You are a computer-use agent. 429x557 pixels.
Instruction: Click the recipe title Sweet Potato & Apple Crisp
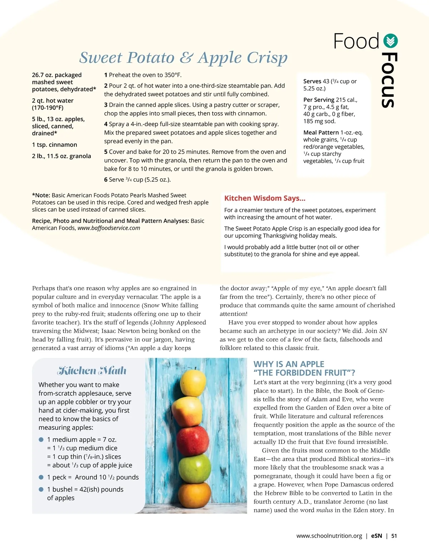[183, 58]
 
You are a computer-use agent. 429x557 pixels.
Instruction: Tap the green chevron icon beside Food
[390, 41]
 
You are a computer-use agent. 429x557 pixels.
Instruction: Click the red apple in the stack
[193, 440]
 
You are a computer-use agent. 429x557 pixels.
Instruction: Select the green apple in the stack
[194, 468]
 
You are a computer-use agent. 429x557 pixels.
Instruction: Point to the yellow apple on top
[193, 383]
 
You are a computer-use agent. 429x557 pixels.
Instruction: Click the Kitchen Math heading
[92, 371]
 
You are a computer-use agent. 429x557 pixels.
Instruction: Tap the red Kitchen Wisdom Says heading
[265, 198]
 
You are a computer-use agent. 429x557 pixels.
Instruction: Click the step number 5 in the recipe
[106, 152]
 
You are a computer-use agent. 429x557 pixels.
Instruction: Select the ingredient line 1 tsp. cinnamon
[54, 145]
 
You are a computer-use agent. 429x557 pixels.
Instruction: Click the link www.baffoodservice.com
[109, 228]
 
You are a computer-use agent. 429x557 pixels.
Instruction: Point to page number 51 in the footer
[394, 536]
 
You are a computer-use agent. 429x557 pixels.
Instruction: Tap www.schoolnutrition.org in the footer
[329, 536]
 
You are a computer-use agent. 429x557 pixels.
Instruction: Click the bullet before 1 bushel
[41, 489]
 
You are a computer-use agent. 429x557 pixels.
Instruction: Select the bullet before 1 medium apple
[41, 440]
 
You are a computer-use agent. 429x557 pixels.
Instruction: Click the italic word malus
[324, 510]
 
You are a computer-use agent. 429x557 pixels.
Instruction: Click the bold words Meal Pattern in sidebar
[321, 133]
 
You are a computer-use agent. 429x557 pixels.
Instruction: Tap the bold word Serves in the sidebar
[312, 82]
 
